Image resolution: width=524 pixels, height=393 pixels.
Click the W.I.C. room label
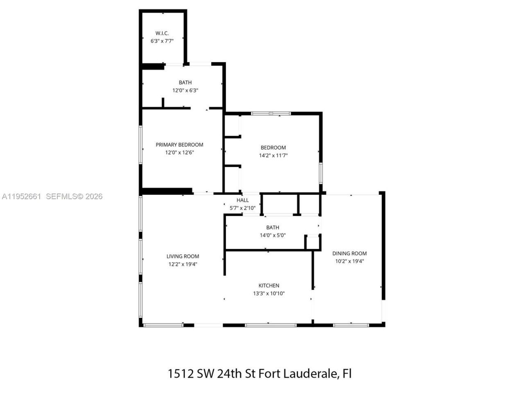click(x=162, y=33)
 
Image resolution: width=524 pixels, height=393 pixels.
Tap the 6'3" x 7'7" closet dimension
click(x=162, y=41)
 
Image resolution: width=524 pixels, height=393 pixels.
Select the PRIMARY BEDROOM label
click(x=179, y=145)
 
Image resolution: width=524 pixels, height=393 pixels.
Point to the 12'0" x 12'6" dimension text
click(x=179, y=152)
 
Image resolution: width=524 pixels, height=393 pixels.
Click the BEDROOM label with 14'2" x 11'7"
click(x=273, y=147)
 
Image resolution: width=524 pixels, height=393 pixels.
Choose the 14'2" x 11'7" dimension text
click(x=273, y=156)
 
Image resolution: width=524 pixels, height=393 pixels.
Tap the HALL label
click(x=242, y=200)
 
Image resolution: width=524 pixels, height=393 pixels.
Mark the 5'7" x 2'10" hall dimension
click(x=242, y=208)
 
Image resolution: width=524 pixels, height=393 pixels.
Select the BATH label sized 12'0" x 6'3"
click(x=185, y=83)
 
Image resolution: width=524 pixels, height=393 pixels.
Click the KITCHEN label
click(x=269, y=285)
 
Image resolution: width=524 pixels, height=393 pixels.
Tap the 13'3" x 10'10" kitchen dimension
click(x=269, y=293)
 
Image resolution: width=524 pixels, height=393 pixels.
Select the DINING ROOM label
click(x=349, y=253)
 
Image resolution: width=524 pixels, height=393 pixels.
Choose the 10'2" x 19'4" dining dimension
click(x=349, y=261)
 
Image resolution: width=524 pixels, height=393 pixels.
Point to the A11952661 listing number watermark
click(x=21, y=196)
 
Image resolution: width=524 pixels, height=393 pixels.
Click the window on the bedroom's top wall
click(x=271, y=113)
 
